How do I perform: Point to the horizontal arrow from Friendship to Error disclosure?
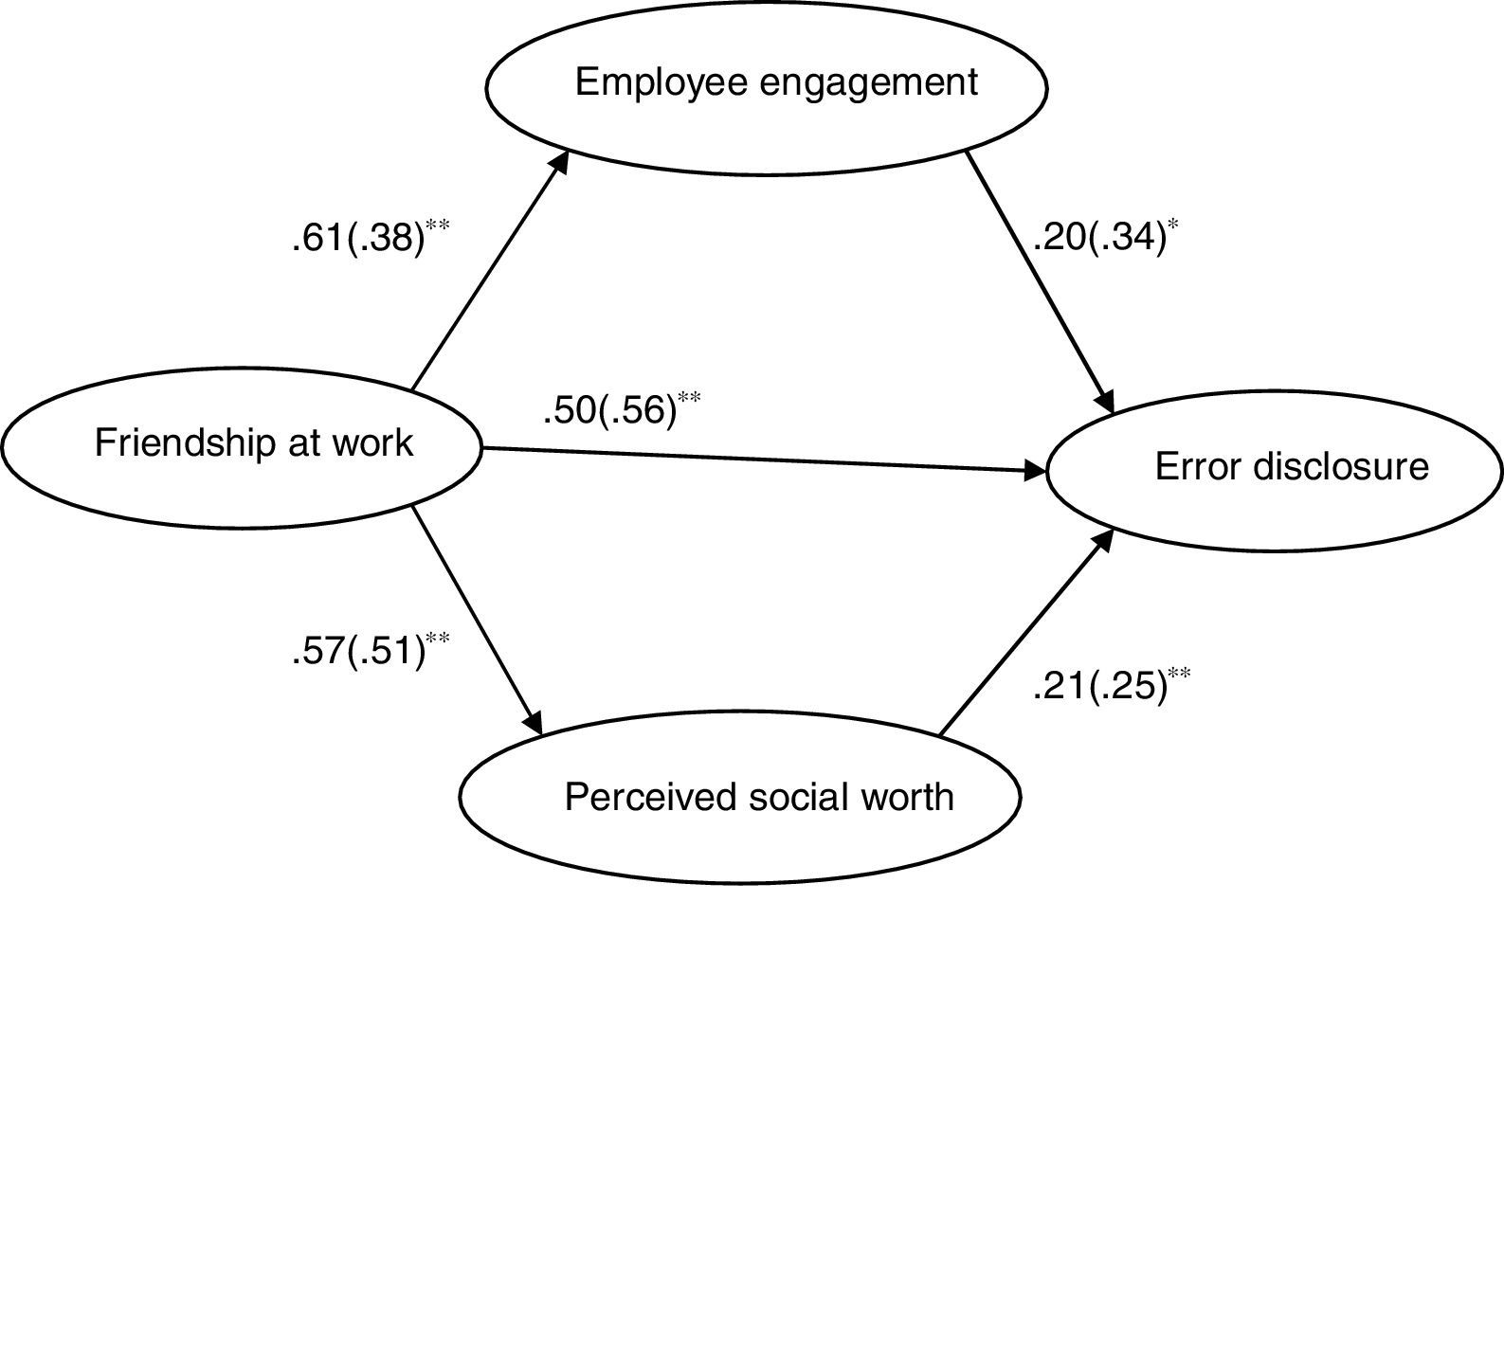coord(758,460)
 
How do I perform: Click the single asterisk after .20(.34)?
coord(1174,225)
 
